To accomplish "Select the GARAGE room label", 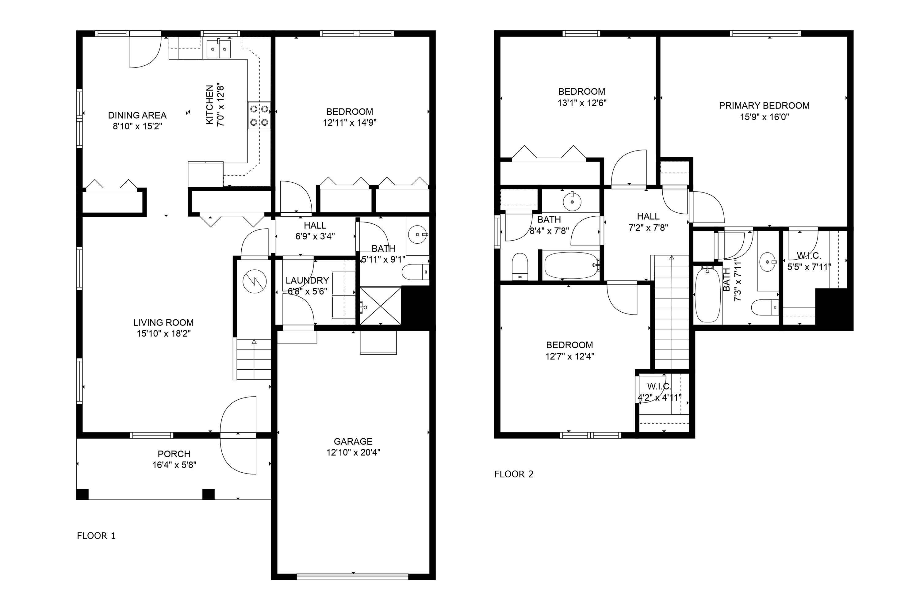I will (353, 441).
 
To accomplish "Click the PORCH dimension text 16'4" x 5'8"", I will (174, 465).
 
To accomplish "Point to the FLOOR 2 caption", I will (514, 474).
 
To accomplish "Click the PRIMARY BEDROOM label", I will (764, 105).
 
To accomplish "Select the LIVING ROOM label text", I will (163, 322).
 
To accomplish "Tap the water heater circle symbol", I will (254, 281).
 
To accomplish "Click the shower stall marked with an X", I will (380, 306).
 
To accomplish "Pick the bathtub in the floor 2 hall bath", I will (571, 265).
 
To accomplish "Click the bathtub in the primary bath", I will (707, 295).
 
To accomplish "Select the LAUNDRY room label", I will (307, 280).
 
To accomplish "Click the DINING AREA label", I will (137, 115).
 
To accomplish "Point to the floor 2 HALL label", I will (648, 216).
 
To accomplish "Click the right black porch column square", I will (208, 495).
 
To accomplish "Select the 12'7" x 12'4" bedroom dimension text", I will (569, 356).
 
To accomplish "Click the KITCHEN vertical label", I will (210, 105).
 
